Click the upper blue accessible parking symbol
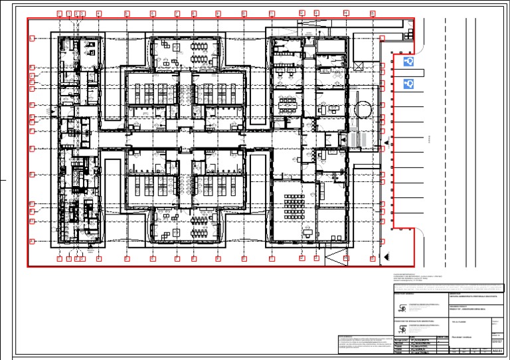(x=408, y=62)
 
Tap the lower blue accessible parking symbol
(x=408, y=84)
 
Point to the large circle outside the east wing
(x=363, y=108)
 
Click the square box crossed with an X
(x=359, y=66)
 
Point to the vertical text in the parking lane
(x=430, y=139)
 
